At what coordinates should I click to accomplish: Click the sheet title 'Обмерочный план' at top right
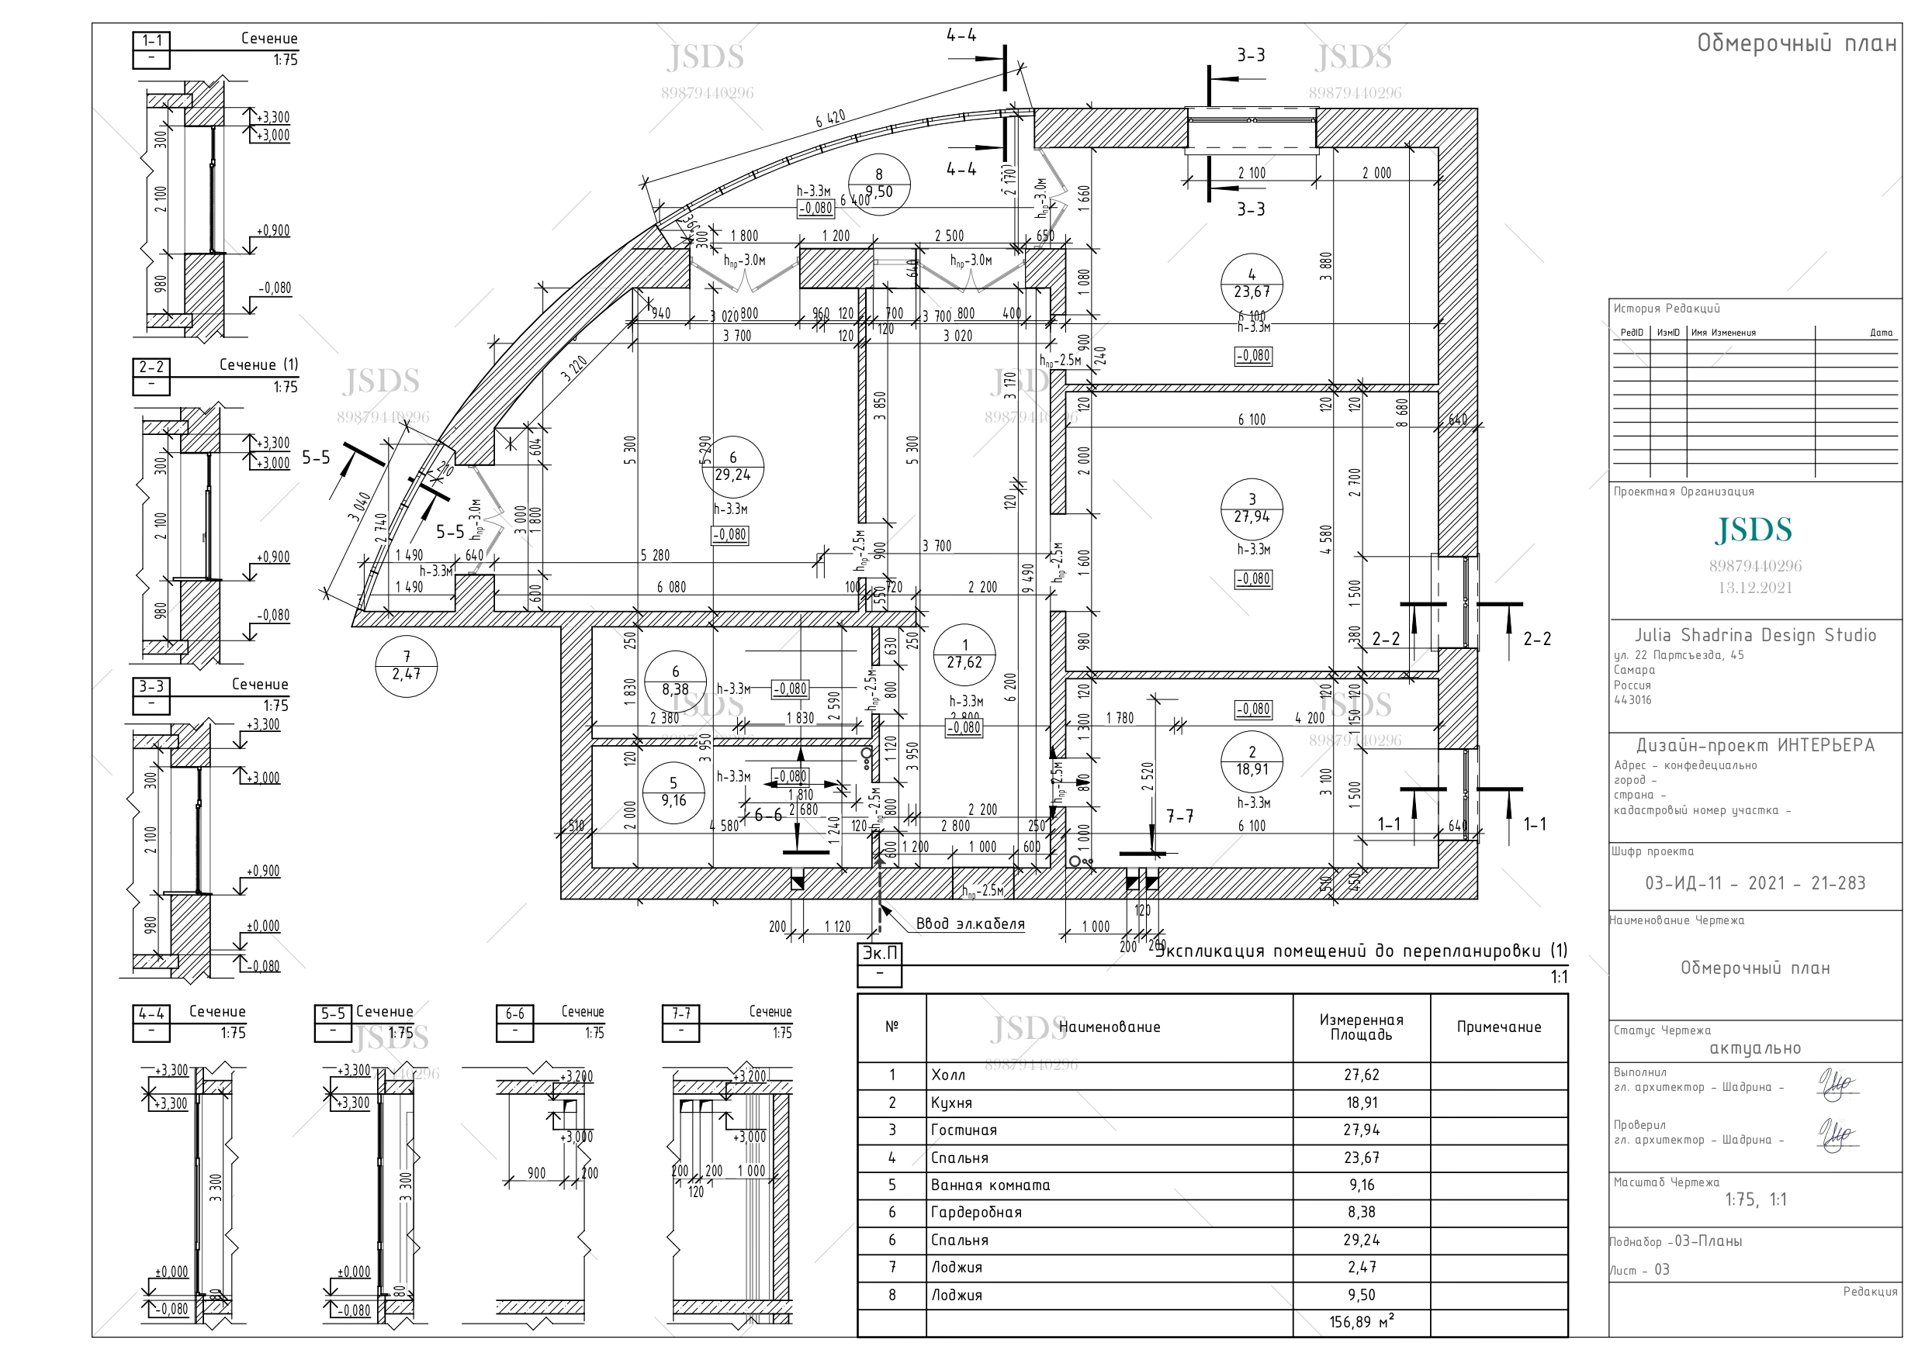click(1796, 43)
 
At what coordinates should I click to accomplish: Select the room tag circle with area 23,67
click(1251, 284)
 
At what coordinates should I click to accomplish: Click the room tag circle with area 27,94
click(1251, 509)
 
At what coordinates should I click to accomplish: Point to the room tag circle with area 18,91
click(1251, 761)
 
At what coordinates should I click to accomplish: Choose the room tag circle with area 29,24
click(732, 467)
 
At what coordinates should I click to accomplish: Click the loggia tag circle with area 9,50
click(878, 184)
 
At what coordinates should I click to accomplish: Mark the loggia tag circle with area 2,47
click(406, 666)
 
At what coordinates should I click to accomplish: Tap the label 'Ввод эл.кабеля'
click(969, 924)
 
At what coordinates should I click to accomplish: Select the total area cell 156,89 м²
click(1361, 1322)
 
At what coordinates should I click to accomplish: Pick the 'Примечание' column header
click(1498, 1027)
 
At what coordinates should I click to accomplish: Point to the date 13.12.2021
click(1754, 588)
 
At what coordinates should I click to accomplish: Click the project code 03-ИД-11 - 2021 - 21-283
click(1754, 883)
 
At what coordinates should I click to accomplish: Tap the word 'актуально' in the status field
click(1754, 1048)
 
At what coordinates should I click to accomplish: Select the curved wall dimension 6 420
click(830, 119)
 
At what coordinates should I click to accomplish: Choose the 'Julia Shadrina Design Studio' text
click(1755, 635)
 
